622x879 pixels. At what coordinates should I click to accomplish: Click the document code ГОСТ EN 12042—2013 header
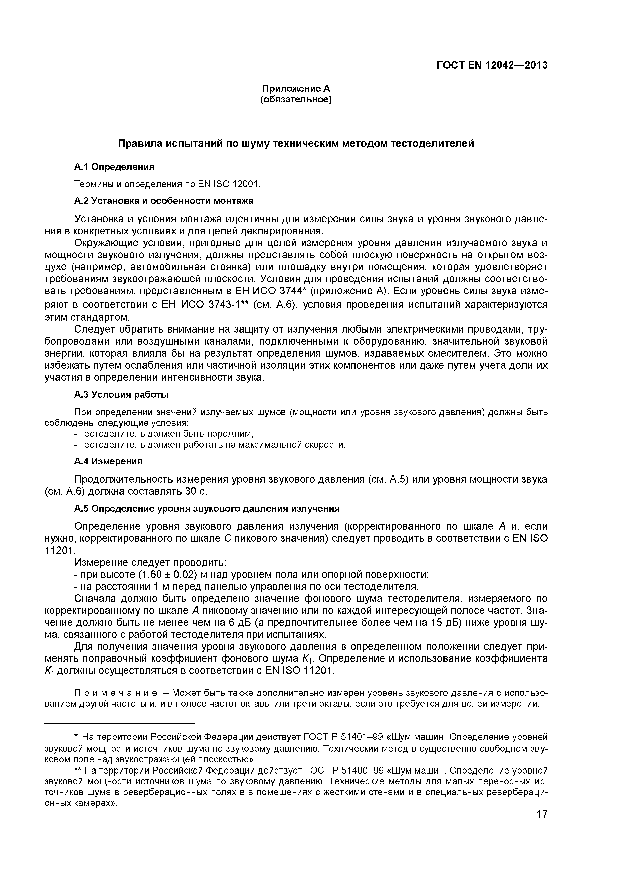[x=492, y=65]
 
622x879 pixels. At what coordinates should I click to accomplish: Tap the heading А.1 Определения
[x=114, y=167]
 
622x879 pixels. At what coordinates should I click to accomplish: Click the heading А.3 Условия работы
[x=121, y=394]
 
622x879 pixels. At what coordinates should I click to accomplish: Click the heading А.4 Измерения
[x=108, y=461]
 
